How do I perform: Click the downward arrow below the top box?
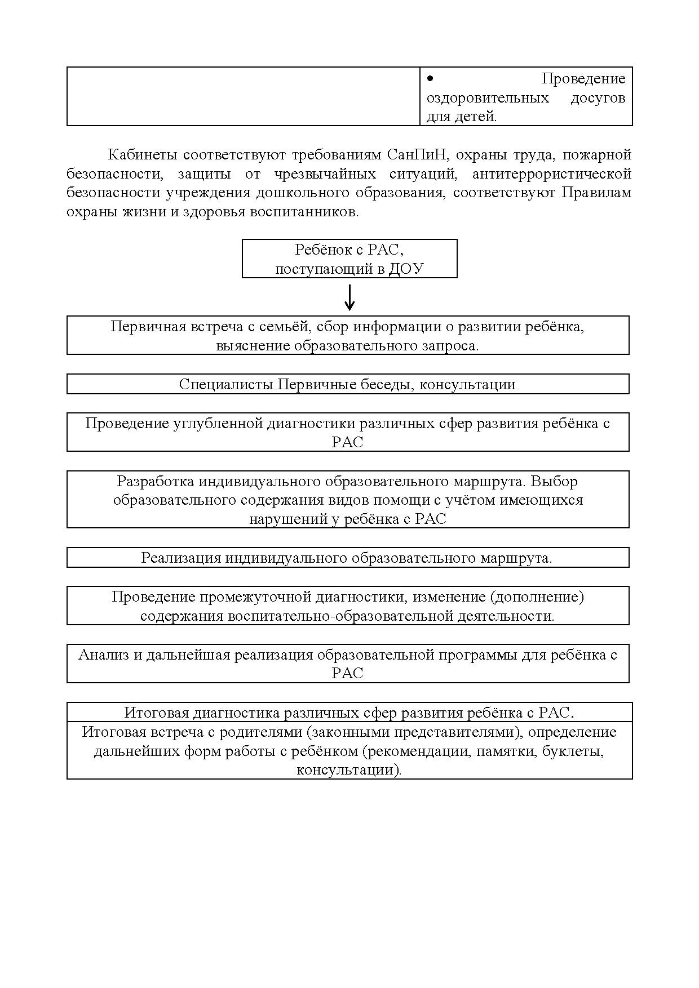349,297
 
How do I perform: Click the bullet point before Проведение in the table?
430,78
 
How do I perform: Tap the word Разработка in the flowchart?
155,481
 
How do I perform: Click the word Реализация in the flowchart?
181,558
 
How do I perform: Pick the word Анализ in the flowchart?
103,655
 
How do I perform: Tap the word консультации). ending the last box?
349,770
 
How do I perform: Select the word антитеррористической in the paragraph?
552,173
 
